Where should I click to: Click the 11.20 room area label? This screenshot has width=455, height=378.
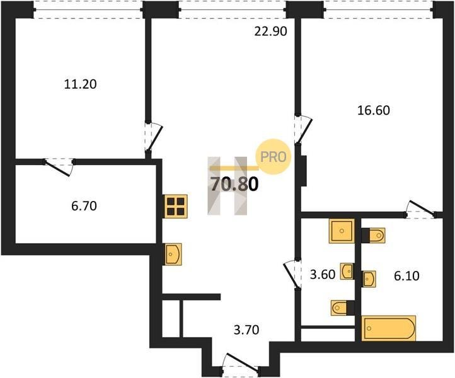pyautogui.click(x=80, y=84)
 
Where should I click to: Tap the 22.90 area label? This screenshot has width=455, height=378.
pyautogui.click(x=271, y=31)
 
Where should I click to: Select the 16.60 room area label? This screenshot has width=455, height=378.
pyautogui.click(x=374, y=110)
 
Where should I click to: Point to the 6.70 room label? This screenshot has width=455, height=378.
pyautogui.click(x=84, y=206)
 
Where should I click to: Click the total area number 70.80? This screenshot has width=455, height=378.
pyautogui.click(x=234, y=184)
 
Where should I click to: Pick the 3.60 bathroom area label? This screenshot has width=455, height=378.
pyautogui.click(x=323, y=275)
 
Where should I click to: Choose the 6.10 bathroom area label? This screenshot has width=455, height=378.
pyautogui.click(x=406, y=276)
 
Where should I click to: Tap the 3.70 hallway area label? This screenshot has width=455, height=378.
pyautogui.click(x=246, y=330)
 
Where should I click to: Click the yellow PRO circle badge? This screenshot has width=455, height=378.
pyautogui.click(x=273, y=157)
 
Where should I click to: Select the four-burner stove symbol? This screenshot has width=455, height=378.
pyautogui.click(x=176, y=206)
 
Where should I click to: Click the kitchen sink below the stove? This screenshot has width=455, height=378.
pyautogui.click(x=173, y=254)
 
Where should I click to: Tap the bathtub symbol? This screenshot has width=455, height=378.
pyautogui.click(x=389, y=328)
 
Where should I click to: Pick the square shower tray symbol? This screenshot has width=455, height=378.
pyautogui.click(x=342, y=231)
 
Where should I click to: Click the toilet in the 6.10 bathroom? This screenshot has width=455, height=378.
pyautogui.click(x=374, y=235)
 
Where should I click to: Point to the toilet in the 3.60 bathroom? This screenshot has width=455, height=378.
pyautogui.click(x=342, y=307)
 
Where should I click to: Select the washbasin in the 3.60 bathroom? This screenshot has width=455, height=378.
pyautogui.click(x=347, y=272)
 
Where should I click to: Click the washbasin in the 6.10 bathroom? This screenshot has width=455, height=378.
pyautogui.click(x=369, y=279)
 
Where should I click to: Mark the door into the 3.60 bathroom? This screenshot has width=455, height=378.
pyautogui.click(x=292, y=274)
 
